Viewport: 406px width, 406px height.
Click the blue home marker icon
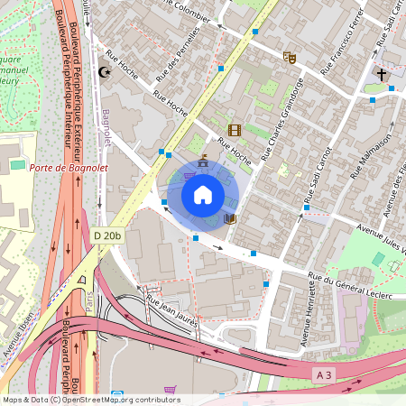click(203, 194)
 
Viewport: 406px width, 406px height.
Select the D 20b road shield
click(106, 236)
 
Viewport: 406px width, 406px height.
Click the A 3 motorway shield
click(325, 373)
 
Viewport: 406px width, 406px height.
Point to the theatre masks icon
click(290, 58)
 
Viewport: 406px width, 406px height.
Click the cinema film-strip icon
click(235, 131)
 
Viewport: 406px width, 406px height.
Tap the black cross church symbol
click(382, 74)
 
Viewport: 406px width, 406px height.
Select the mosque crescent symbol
click(106, 71)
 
